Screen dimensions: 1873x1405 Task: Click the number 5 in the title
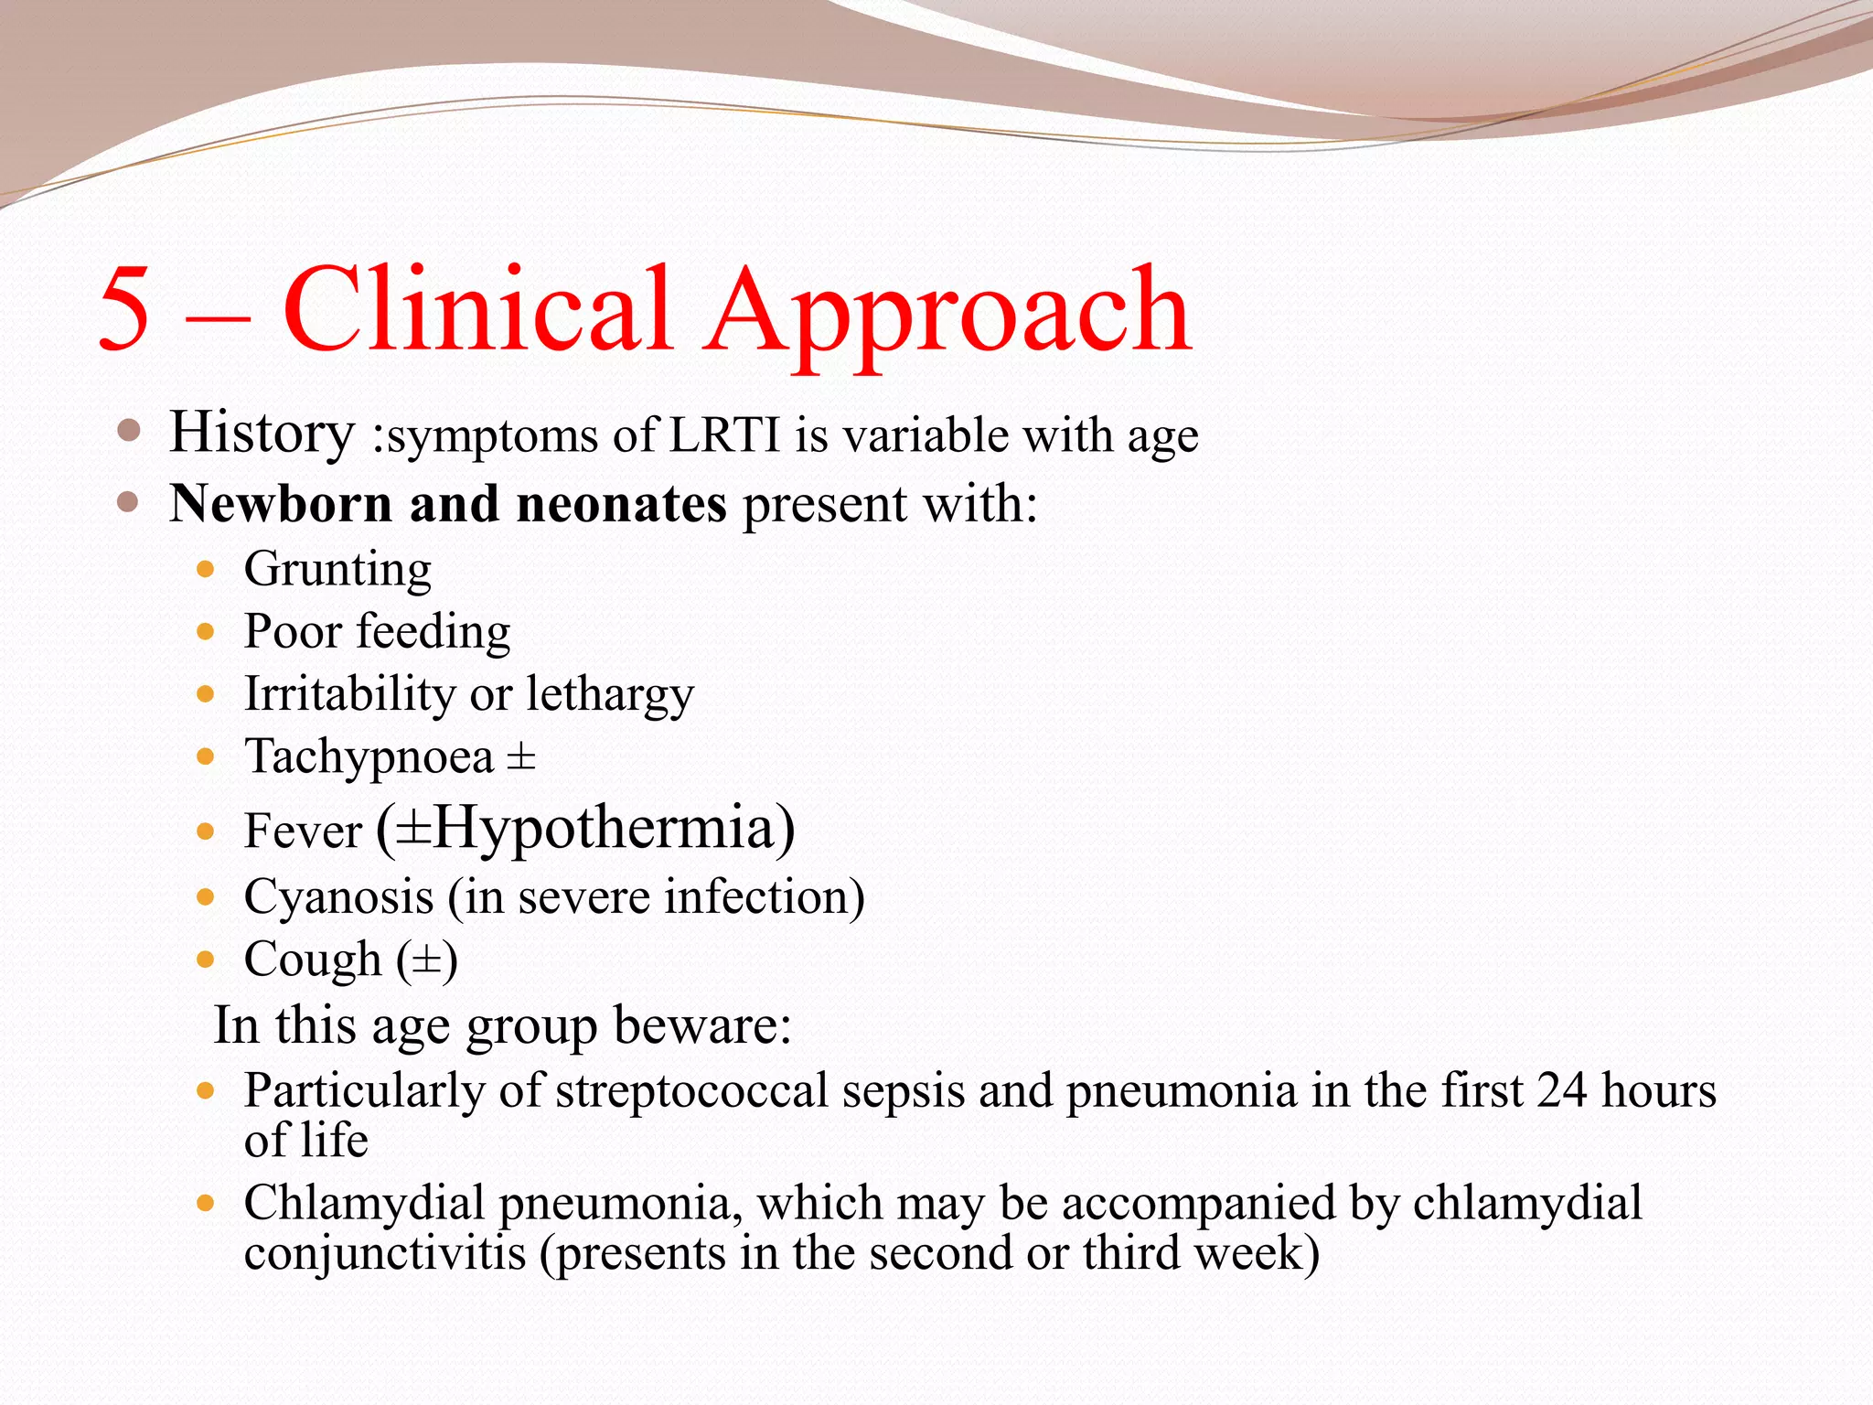tap(124, 308)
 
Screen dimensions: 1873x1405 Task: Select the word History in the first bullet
tap(262, 434)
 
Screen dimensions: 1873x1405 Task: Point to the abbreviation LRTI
tap(725, 434)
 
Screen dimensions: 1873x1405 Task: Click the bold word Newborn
tap(281, 503)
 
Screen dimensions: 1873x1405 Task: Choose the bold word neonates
tap(622, 505)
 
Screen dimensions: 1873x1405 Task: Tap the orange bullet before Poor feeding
tap(206, 632)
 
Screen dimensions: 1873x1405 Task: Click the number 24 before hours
tap(1561, 1090)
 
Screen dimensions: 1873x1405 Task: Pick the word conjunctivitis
tap(385, 1252)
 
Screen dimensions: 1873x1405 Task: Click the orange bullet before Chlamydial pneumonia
tap(206, 1203)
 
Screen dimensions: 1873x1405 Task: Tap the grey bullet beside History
tap(129, 431)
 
